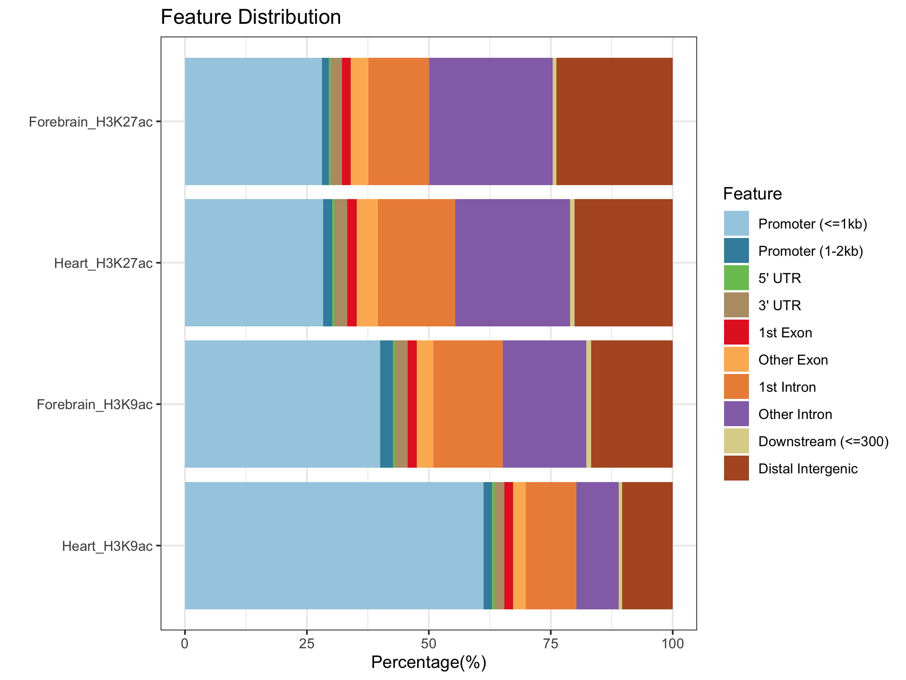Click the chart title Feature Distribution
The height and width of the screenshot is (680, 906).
point(251,17)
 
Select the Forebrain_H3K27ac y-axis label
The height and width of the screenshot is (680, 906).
point(91,122)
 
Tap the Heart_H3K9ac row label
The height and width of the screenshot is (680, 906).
point(107,546)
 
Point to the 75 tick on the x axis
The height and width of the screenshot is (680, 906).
point(550,644)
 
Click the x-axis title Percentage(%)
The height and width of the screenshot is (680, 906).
point(428,662)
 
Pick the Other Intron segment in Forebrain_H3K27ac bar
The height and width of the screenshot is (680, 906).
point(491,121)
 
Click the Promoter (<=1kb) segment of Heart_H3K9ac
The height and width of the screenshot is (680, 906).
point(334,546)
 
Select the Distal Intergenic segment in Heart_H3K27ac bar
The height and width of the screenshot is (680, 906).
point(623,263)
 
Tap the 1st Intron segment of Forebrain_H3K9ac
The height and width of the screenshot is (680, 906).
point(468,404)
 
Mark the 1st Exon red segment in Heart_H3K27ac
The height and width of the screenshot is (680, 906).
point(352,263)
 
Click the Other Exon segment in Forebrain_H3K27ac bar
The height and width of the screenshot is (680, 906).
point(359,121)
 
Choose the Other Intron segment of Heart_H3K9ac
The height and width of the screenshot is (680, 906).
point(597,546)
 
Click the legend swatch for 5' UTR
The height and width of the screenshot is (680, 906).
point(736,278)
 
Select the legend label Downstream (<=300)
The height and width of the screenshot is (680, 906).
point(823,442)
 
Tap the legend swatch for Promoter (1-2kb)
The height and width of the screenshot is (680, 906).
point(736,250)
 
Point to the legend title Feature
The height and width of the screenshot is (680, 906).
point(752,194)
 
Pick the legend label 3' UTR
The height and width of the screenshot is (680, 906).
point(780,305)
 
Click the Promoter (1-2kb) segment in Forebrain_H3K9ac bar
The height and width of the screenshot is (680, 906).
point(386,404)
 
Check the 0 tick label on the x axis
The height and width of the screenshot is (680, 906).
point(185,644)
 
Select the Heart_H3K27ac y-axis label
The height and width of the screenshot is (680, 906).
point(103,263)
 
